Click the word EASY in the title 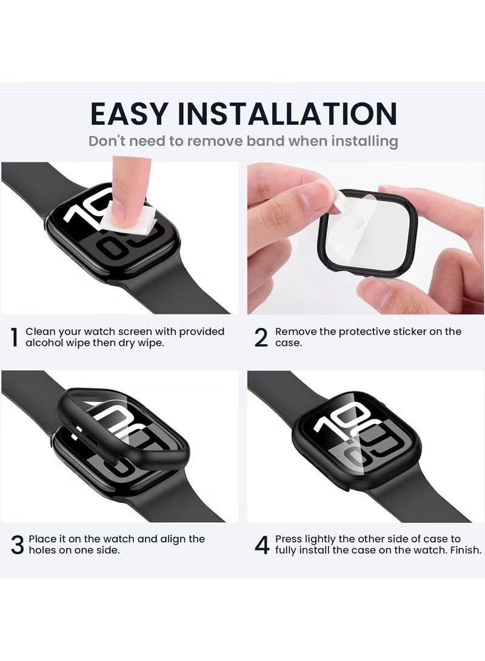[x=129, y=113]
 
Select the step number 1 [x=14, y=337]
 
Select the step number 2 [x=261, y=337]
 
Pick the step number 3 [x=17, y=545]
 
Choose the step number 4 [x=261, y=545]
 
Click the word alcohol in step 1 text [x=45, y=343]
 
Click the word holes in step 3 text [x=40, y=550]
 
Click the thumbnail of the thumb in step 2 [x=319, y=195]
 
